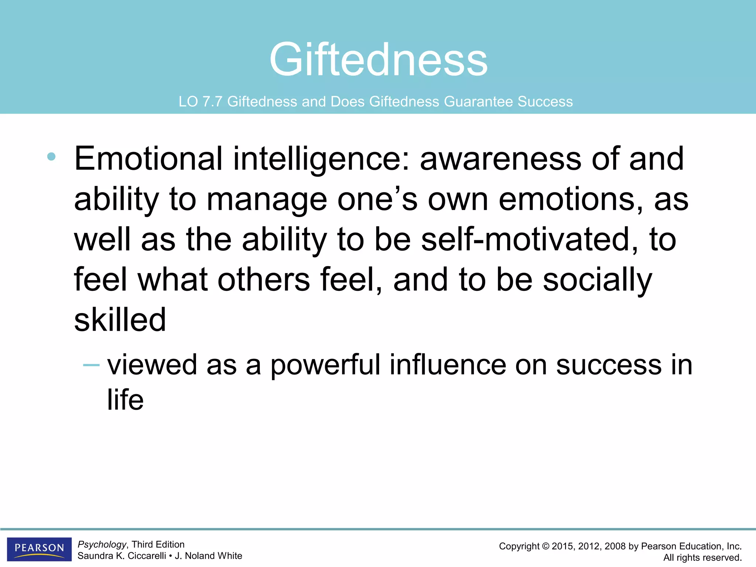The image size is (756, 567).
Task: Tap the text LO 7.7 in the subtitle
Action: point(200,102)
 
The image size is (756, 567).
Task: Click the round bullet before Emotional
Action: point(51,157)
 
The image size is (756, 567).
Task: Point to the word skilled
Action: point(120,320)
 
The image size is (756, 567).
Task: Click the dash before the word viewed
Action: point(91,365)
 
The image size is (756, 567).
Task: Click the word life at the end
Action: point(125,400)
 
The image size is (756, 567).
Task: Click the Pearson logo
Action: point(39,548)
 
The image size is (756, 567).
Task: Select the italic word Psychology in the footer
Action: point(102,544)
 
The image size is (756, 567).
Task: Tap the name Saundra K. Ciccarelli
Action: point(121,556)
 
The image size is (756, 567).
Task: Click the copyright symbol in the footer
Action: point(546,546)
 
